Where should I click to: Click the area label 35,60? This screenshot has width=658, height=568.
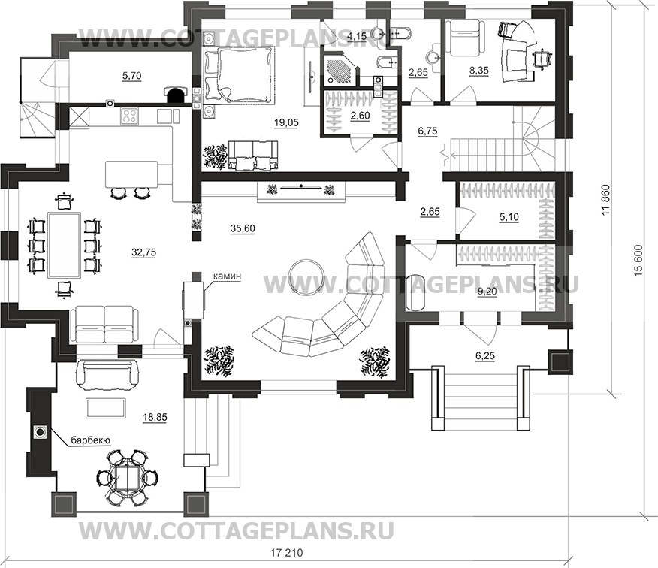[x=243, y=228]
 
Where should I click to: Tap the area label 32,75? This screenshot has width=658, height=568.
[x=143, y=252]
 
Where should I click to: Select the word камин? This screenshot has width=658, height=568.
[x=227, y=276]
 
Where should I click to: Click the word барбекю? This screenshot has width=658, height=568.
[x=90, y=440]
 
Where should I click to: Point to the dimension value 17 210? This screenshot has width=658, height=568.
[x=285, y=552]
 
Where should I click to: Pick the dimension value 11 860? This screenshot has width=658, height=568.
[x=605, y=200]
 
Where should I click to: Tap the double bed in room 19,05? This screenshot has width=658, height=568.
[x=239, y=74]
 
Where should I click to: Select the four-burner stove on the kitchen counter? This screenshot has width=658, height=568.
[x=130, y=116]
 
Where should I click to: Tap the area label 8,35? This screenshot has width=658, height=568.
[x=478, y=71]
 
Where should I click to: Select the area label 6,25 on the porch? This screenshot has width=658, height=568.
[x=484, y=355]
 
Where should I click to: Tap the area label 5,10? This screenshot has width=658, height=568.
[x=509, y=217]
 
